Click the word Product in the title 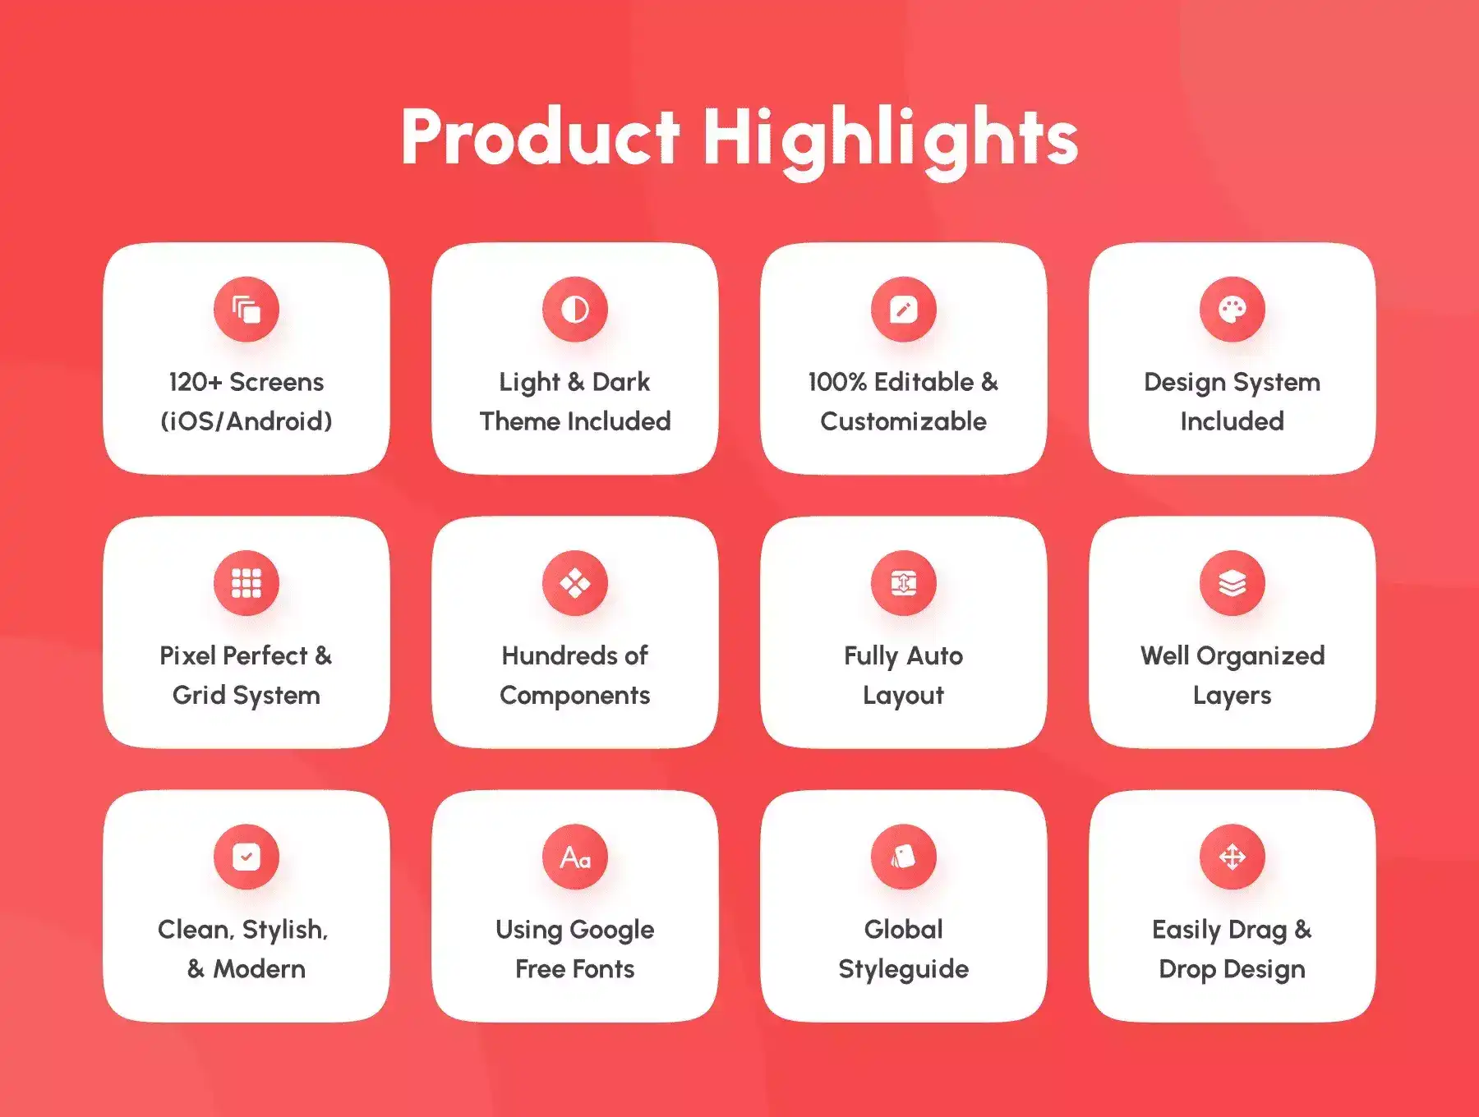pos(541,136)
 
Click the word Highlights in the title pos(891,141)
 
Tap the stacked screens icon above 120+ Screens pos(246,310)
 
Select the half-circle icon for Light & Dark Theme pos(575,310)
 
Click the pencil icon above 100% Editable pos(904,310)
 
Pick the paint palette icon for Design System pos(1232,310)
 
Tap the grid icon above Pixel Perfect pos(246,583)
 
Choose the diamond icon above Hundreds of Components pos(575,583)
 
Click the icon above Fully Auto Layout pos(904,583)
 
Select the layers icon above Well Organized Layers pos(1232,583)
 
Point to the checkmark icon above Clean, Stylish pos(246,857)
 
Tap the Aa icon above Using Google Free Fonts pos(575,857)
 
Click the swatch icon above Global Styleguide pos(904,857)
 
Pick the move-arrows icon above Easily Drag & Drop pos(1232,857)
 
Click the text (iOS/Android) pos(246,421)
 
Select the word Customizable pos(904,421)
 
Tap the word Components pos(575,696)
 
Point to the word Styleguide pos(904,970)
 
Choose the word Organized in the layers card pos(1260,657)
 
